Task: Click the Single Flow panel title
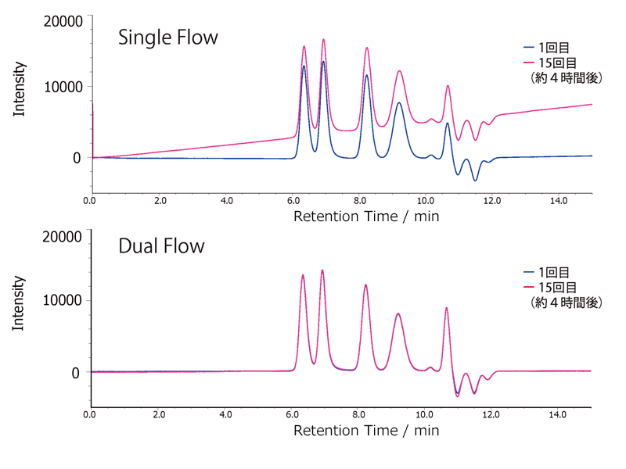click(x=167, y=38)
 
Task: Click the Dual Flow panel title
click(x=161, y=247)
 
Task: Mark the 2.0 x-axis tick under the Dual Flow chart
click(x=160, y=415)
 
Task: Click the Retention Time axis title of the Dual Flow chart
click(x=366, y=431)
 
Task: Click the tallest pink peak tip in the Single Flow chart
click(x=323, y=39)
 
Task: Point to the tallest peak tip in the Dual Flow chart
click(x=322, y=270)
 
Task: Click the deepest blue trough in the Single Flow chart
click(x=474, y=181)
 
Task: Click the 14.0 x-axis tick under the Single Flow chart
click(x=559, y=201)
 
